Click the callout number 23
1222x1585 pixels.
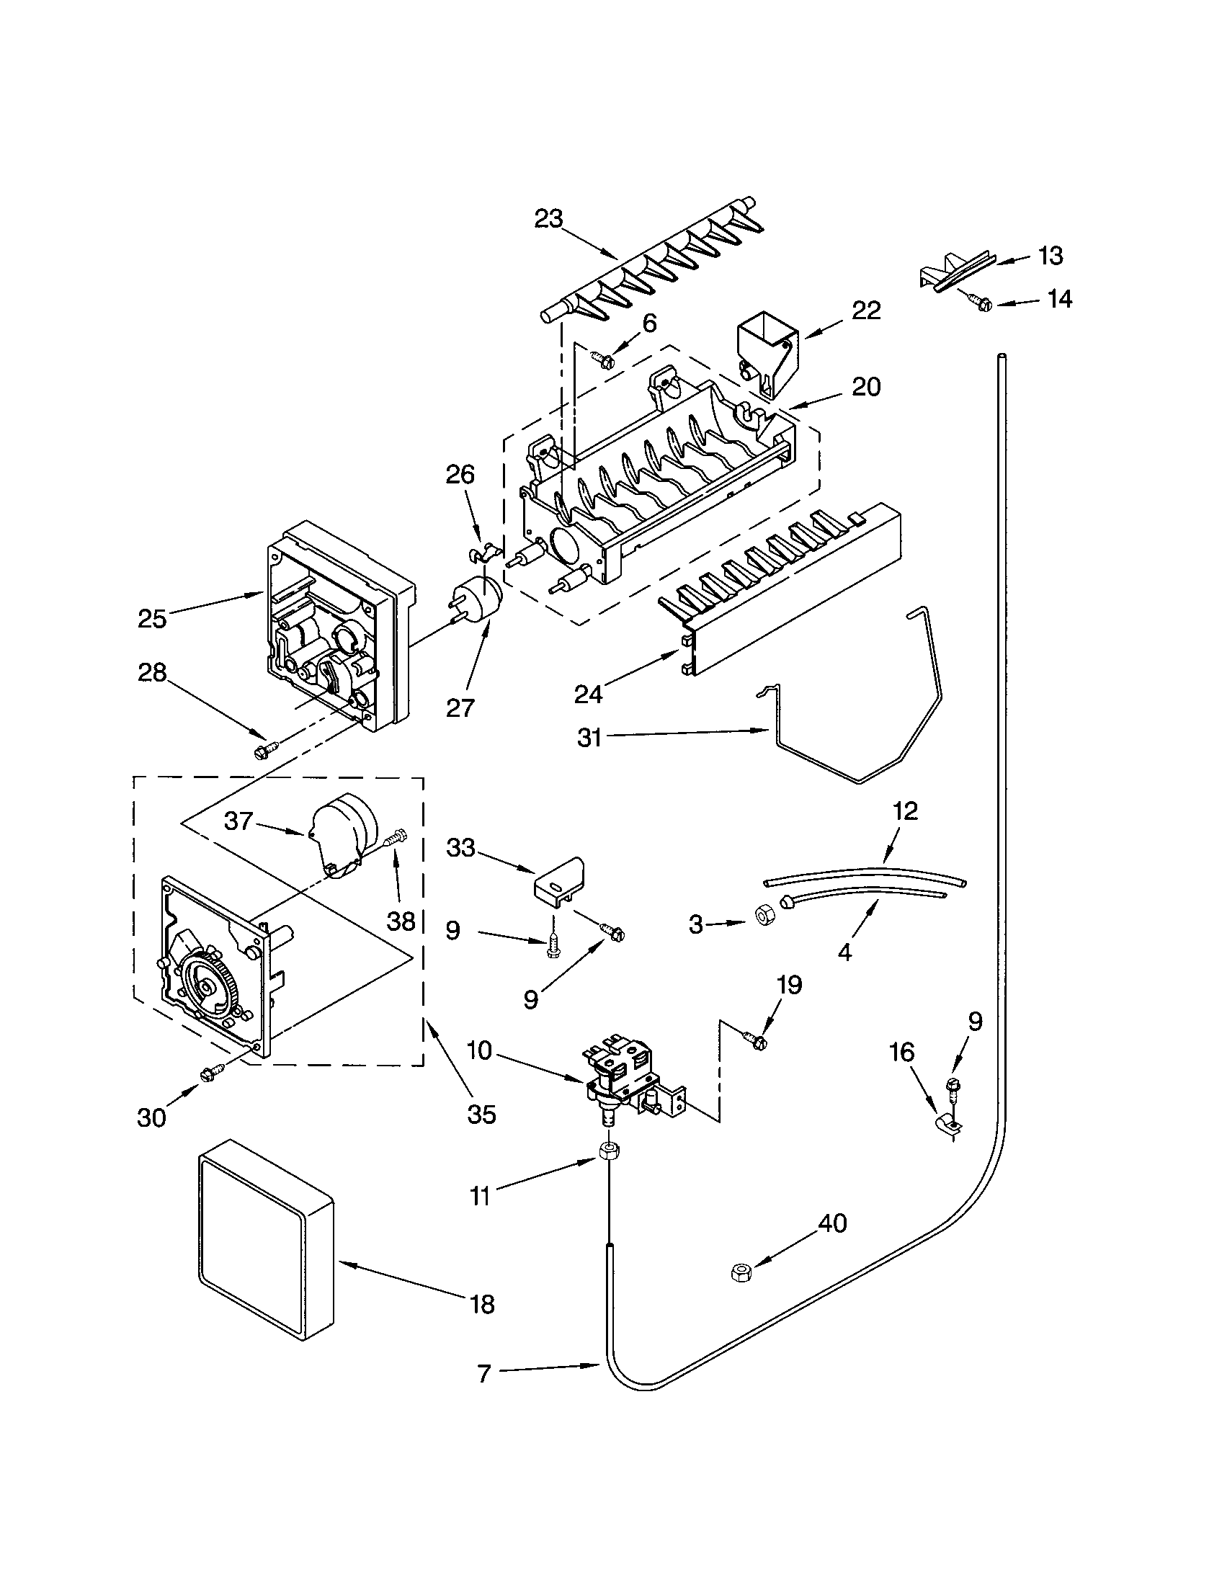pos(548,218)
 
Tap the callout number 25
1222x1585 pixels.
pos(152,619)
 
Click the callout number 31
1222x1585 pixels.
pos(589,738)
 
